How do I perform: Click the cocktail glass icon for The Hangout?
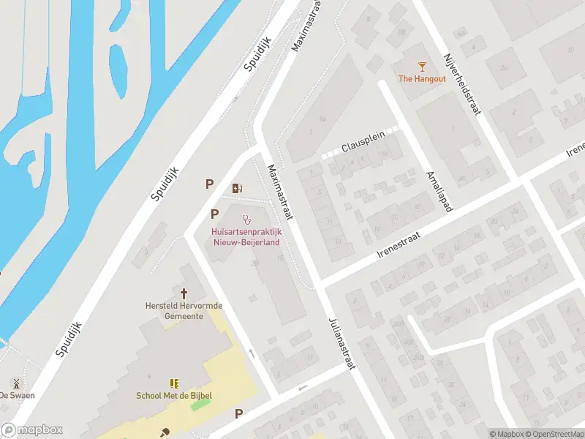[x=422, y=67]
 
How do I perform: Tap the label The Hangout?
[x=422, y=79]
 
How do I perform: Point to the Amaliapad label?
[x=439, y=192]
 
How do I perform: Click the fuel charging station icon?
[x=237, y=188]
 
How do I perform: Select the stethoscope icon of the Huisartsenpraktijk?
[x=247, y=219]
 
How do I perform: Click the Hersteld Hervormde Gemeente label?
[x=174, y=310]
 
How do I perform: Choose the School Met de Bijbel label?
[x=174, y=396]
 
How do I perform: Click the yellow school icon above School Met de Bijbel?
[x=174, y=383]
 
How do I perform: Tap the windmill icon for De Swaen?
[x=15, y=383]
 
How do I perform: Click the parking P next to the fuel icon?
[x=210, y=185]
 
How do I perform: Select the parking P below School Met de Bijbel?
[x=238, y=414]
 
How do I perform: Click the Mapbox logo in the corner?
[x=31, y=430]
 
